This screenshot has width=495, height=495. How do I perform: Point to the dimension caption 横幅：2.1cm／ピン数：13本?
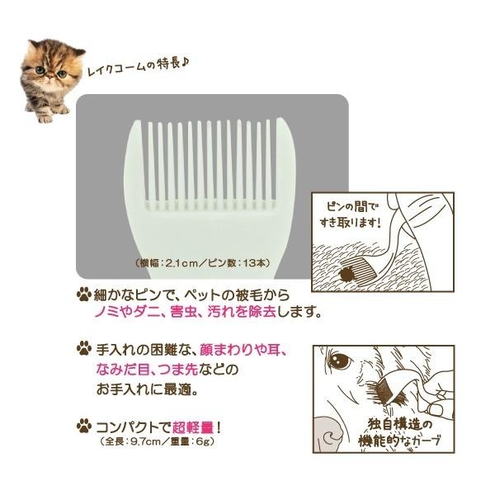pyautogui.click(x=203, y=263)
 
